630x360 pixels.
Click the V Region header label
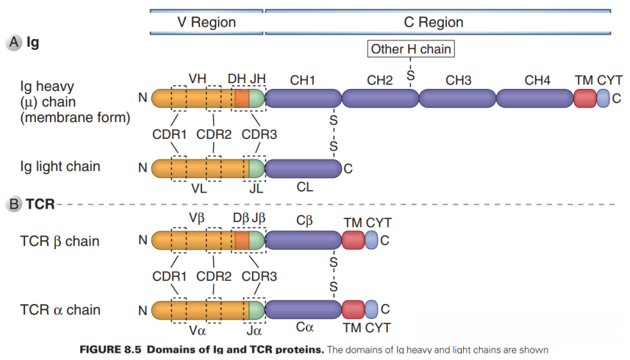click(207, 22)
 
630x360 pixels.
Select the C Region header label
click(434, 22)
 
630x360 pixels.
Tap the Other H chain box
click(410, 49)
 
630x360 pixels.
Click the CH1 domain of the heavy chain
click(302, 98)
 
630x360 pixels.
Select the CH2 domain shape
click(379, 98)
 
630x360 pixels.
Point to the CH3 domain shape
click(457, 98)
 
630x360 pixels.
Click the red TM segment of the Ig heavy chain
click(584, 98)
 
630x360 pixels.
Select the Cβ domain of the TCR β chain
click(302, 240)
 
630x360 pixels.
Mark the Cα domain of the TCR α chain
click(302, 309)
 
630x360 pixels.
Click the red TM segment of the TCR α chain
click(353, 309)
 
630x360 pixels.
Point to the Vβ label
click(196, 218)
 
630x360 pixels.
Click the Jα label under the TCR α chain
click(255, 328)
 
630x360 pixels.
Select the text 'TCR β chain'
click(60, 241)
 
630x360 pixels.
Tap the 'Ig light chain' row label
click(60, 167)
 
